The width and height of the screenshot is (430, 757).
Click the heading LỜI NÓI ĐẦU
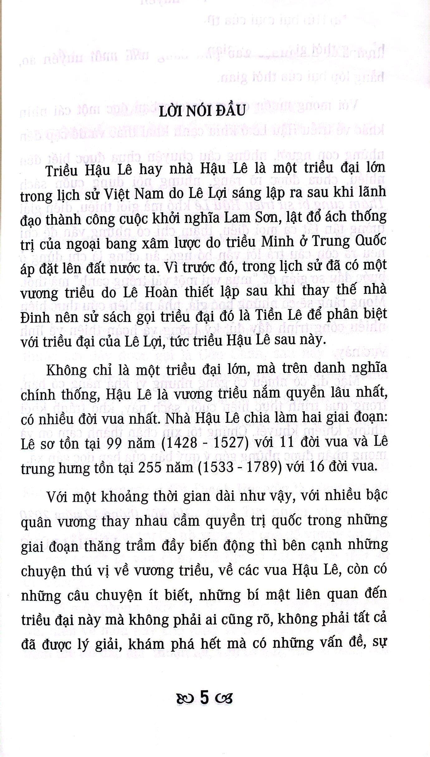202,111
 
